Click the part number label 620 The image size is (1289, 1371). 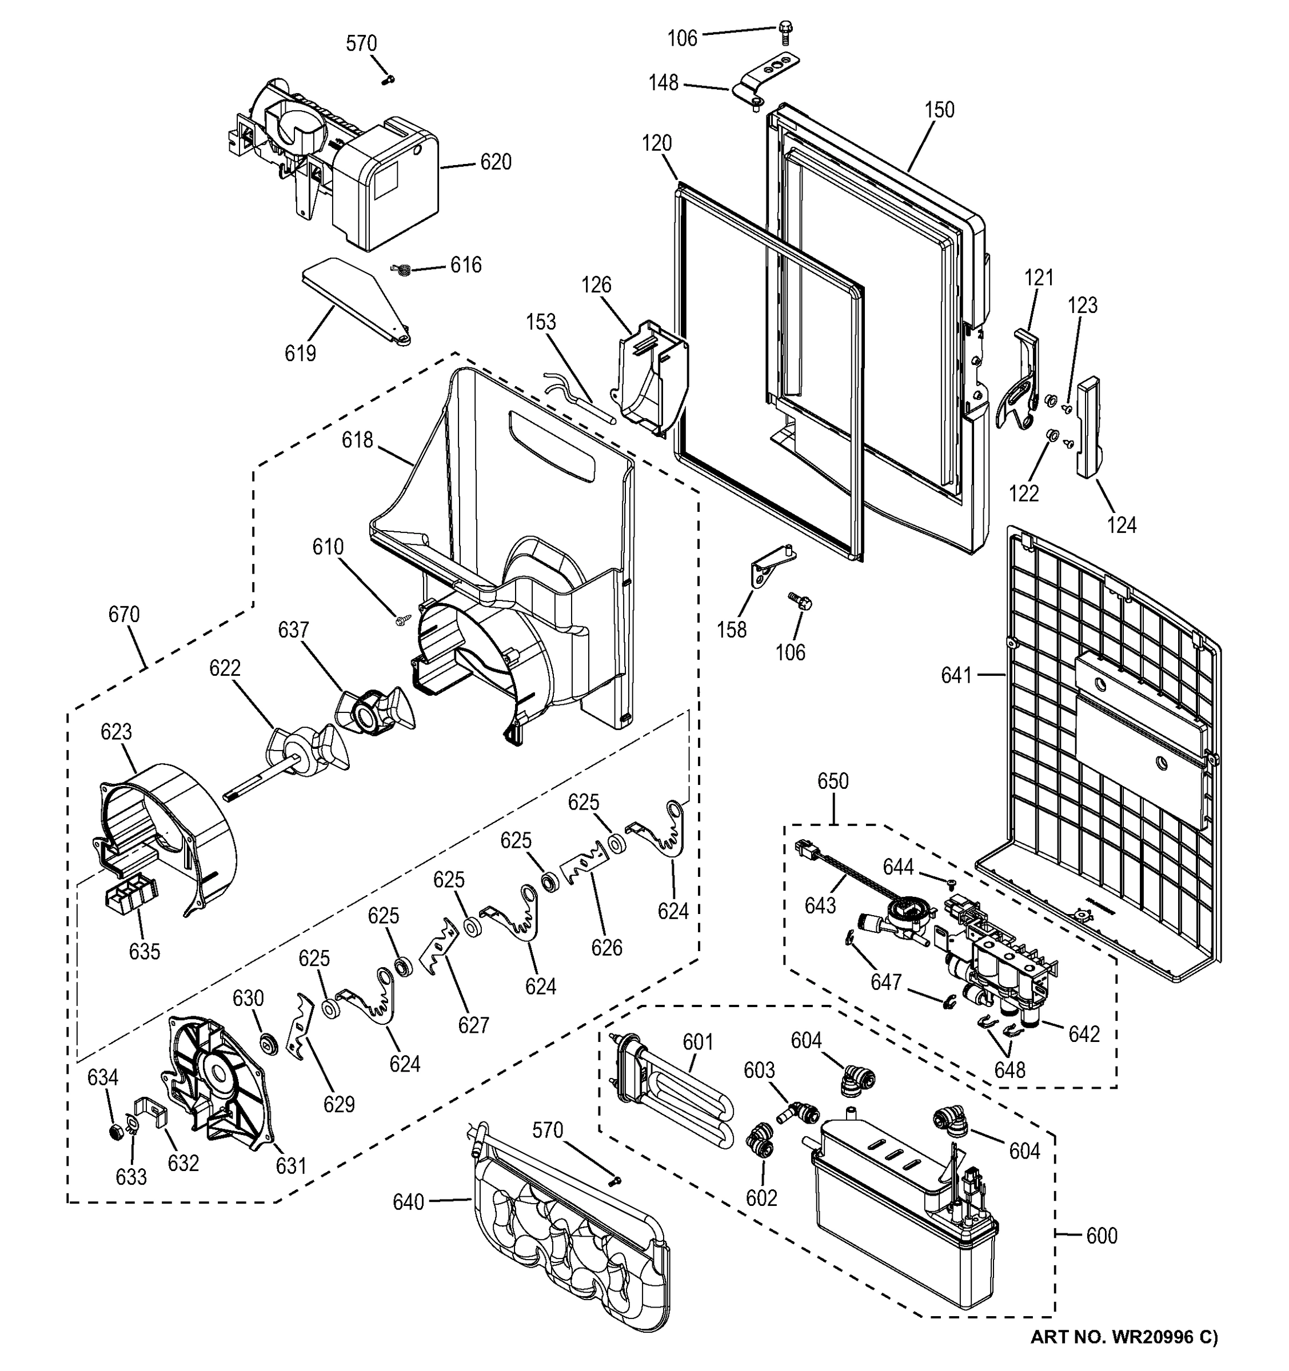click(496, 163)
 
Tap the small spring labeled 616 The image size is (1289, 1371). click(402, 270)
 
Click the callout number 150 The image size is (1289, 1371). click(939, 110)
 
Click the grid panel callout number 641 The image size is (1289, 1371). click(956, 676)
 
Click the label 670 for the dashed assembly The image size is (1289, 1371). click(124, 614)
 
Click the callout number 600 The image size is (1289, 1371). click(1102, 1235)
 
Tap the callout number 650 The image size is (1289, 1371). click(833, 781)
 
